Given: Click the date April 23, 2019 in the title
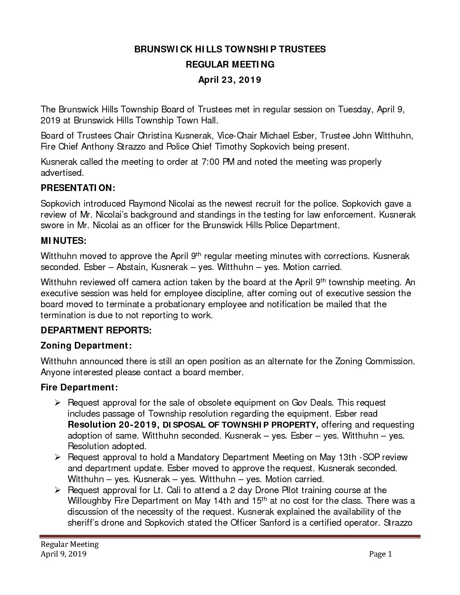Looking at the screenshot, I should pos(230,80).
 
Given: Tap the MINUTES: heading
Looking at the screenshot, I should pos(63,241).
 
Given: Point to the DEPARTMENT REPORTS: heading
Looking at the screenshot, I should pos(96,330).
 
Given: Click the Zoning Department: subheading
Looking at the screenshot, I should pos(86,346).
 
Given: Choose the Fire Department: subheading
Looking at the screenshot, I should pos(79,387).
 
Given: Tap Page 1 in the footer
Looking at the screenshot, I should pos(381,554).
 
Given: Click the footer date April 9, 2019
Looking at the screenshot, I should pos(63,554).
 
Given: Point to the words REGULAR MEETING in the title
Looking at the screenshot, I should pos(230,64).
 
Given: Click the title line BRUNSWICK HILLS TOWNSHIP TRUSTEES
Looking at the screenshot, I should pos(230,49).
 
